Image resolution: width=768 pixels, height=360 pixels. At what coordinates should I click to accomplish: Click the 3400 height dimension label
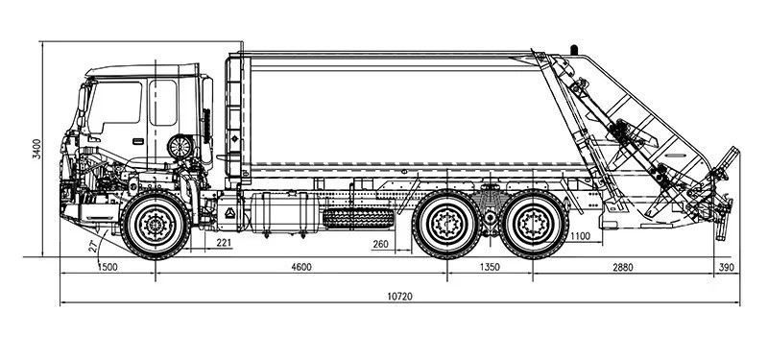click(37, 149)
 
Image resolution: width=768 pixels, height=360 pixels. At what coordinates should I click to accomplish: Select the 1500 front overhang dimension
click(108, 267)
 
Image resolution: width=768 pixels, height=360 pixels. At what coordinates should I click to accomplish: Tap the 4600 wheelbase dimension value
click(301, 267)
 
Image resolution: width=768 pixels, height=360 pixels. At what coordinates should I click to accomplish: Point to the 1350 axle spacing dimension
click(490, 267)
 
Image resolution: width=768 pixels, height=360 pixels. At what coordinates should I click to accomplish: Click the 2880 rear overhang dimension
click(623, 267)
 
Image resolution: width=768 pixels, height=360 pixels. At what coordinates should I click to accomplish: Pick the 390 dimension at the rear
click(727, 267)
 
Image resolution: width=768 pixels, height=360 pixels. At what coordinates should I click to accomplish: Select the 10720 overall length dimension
click(399, 297)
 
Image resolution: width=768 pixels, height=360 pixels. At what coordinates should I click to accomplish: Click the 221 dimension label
click(224, 243)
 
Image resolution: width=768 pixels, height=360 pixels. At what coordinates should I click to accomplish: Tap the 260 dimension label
click(380, 244)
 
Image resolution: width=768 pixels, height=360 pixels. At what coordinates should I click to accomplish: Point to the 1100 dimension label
click(581, 236)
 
